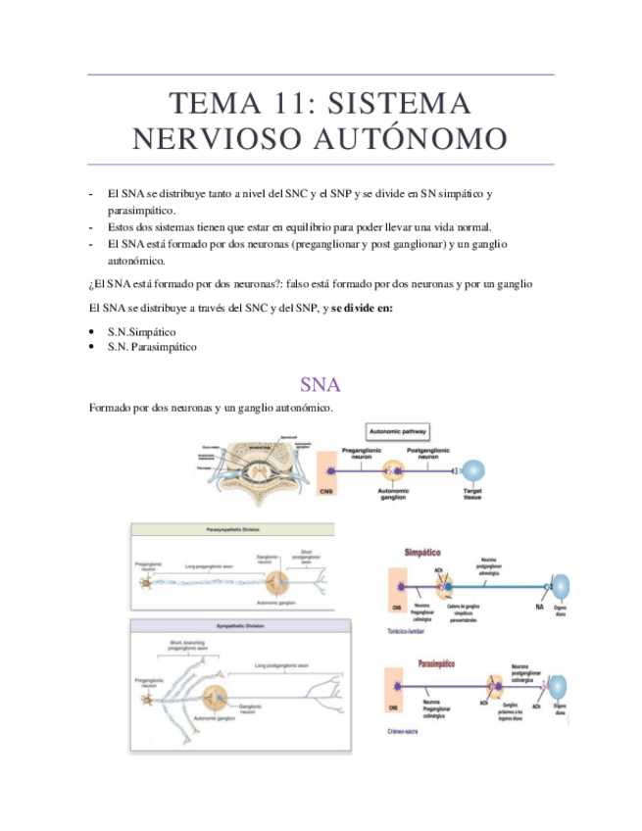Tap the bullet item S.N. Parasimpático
(x=152, y=347)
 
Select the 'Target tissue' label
(x=471, y=493)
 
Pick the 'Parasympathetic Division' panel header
(x=232, y=528)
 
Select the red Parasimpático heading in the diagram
(x=428, y=663)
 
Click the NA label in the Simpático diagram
(x=539, y=607)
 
